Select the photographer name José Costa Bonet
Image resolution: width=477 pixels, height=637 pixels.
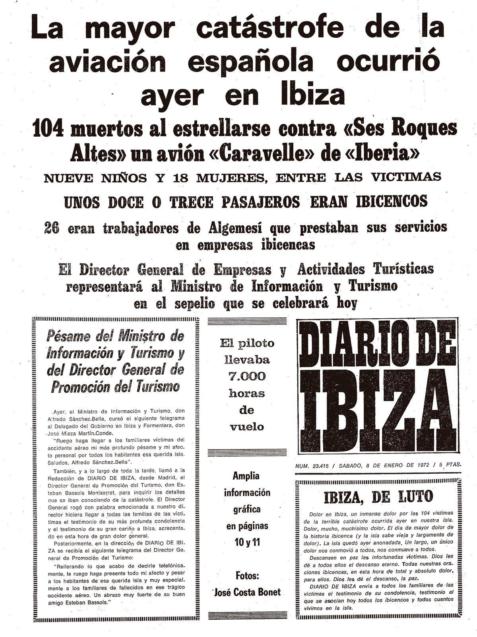coord(247,592)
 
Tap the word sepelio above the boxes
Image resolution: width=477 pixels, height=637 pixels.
coord(195,304)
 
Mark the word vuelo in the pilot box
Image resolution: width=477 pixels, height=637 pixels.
coord(246,427)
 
